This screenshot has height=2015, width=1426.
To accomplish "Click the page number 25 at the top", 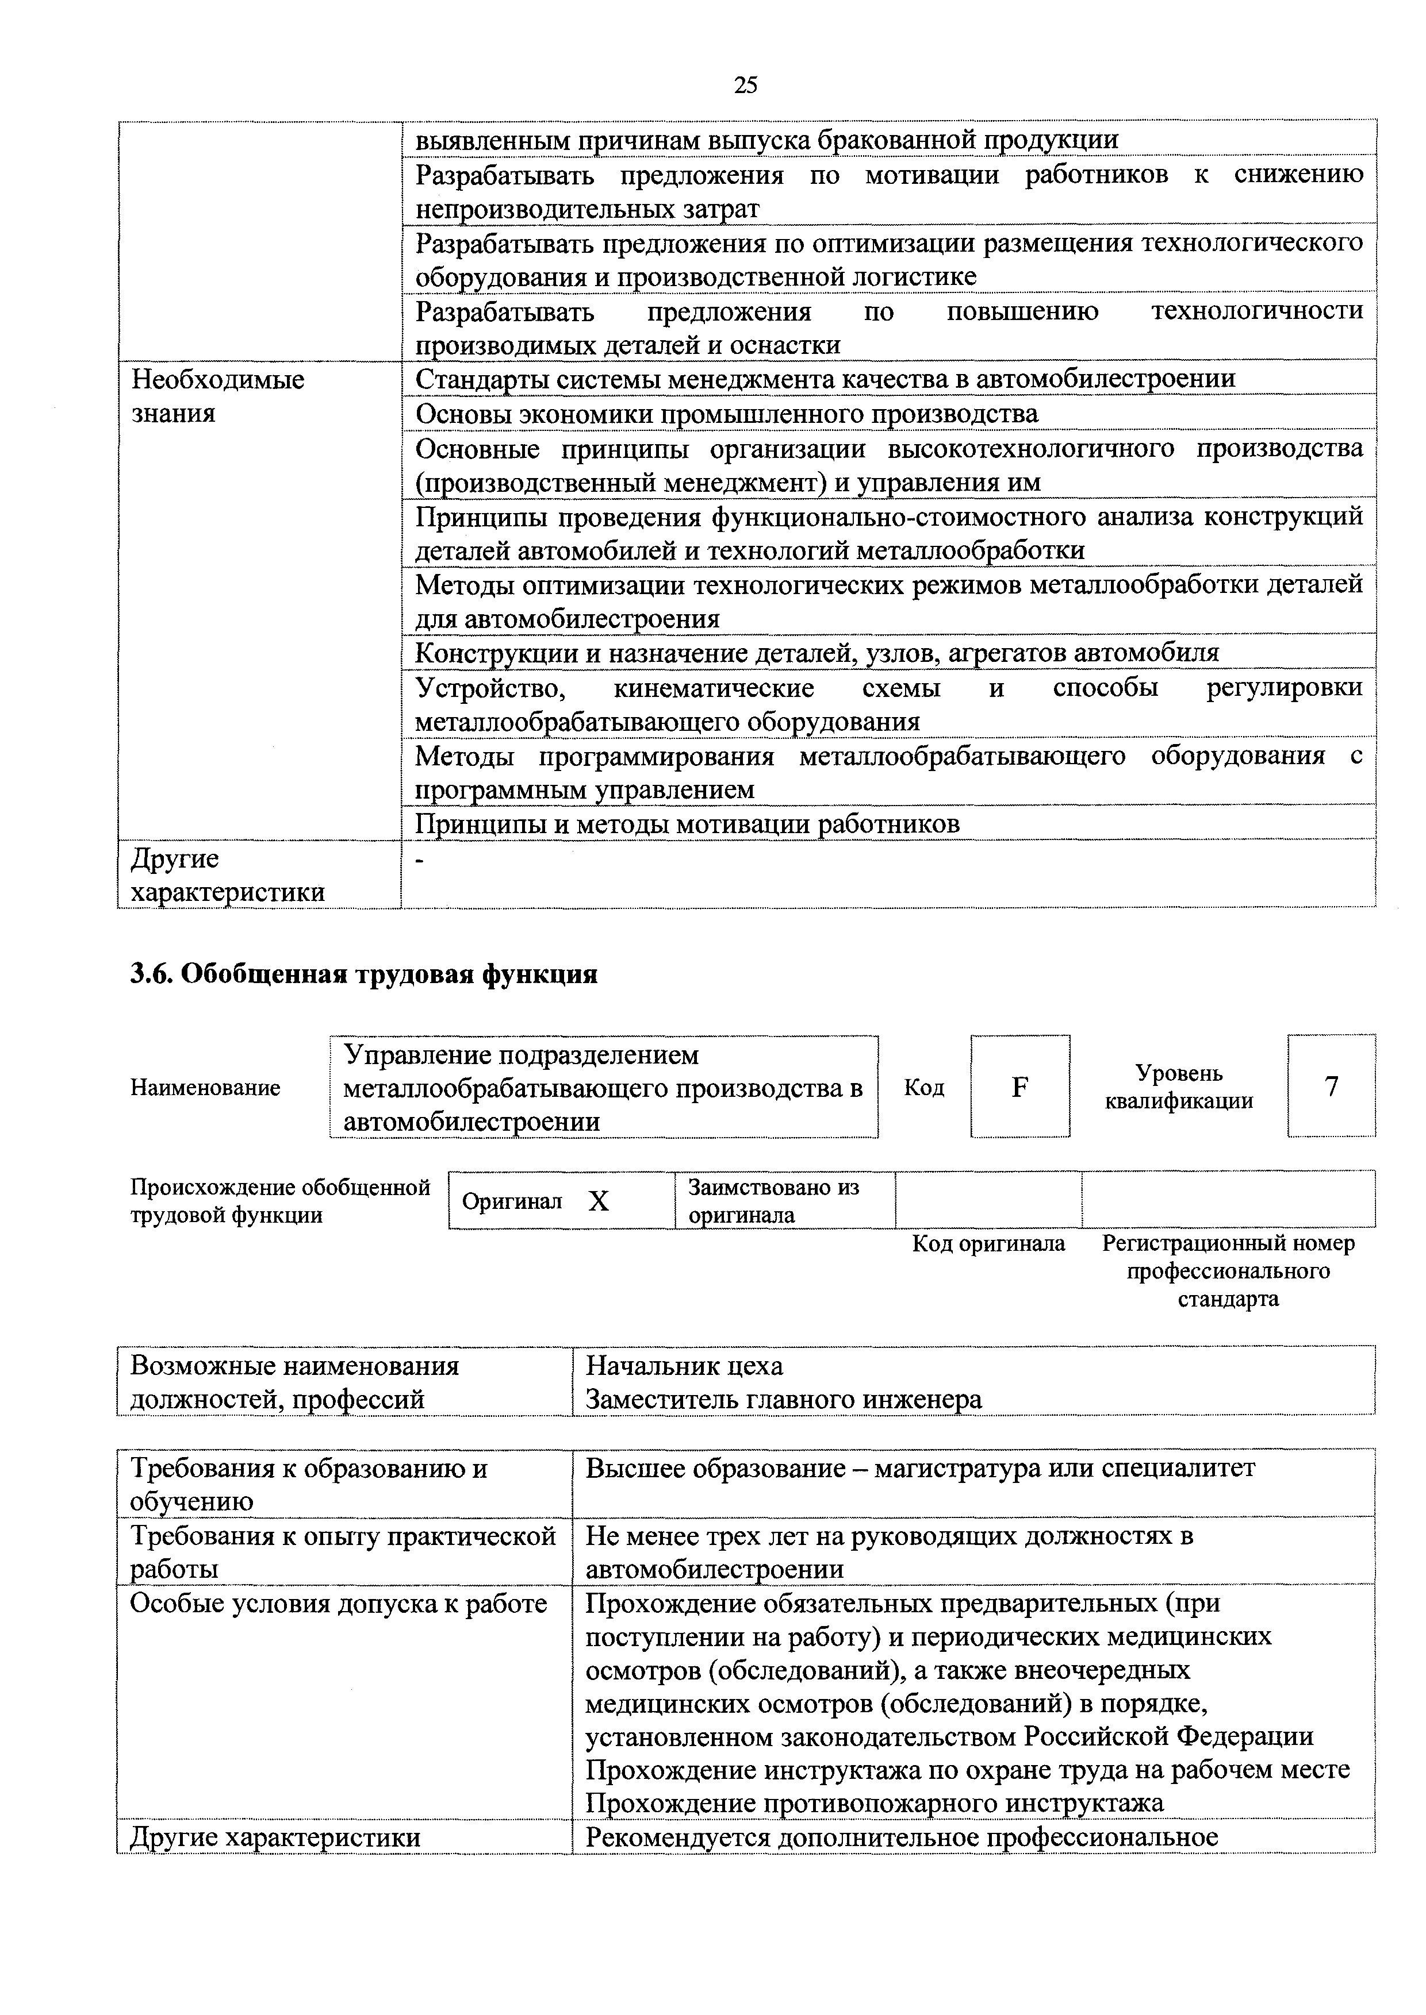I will tap(745, 85).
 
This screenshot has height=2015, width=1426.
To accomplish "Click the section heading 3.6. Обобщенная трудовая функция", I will tap(363, 974).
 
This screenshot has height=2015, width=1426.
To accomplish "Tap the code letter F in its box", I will tap(1019, 1087).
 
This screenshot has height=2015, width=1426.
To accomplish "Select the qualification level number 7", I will tap(1331, 1087).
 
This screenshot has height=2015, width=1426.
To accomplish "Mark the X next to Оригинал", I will tap(598, 1201).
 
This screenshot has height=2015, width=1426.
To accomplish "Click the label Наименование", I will tap(205, 1088).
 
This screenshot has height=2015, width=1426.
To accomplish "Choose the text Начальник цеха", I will tap(684, 1366).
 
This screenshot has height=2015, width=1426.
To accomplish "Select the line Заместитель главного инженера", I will tap(783, 1400).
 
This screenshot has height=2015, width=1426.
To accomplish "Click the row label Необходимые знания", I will tap(218, 396).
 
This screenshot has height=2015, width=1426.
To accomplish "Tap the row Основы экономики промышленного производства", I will tap(726, 413).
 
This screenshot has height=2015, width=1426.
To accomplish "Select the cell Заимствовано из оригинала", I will tap(773, 1201).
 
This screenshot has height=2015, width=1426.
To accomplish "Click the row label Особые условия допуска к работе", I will tap(338, 1604).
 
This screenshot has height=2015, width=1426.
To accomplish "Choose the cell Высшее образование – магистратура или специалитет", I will tap(920, 1468).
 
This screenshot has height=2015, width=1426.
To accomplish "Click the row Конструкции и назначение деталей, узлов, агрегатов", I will tap(816, 653).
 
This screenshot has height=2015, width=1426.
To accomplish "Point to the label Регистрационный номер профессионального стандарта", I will tap(1228, 1271).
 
